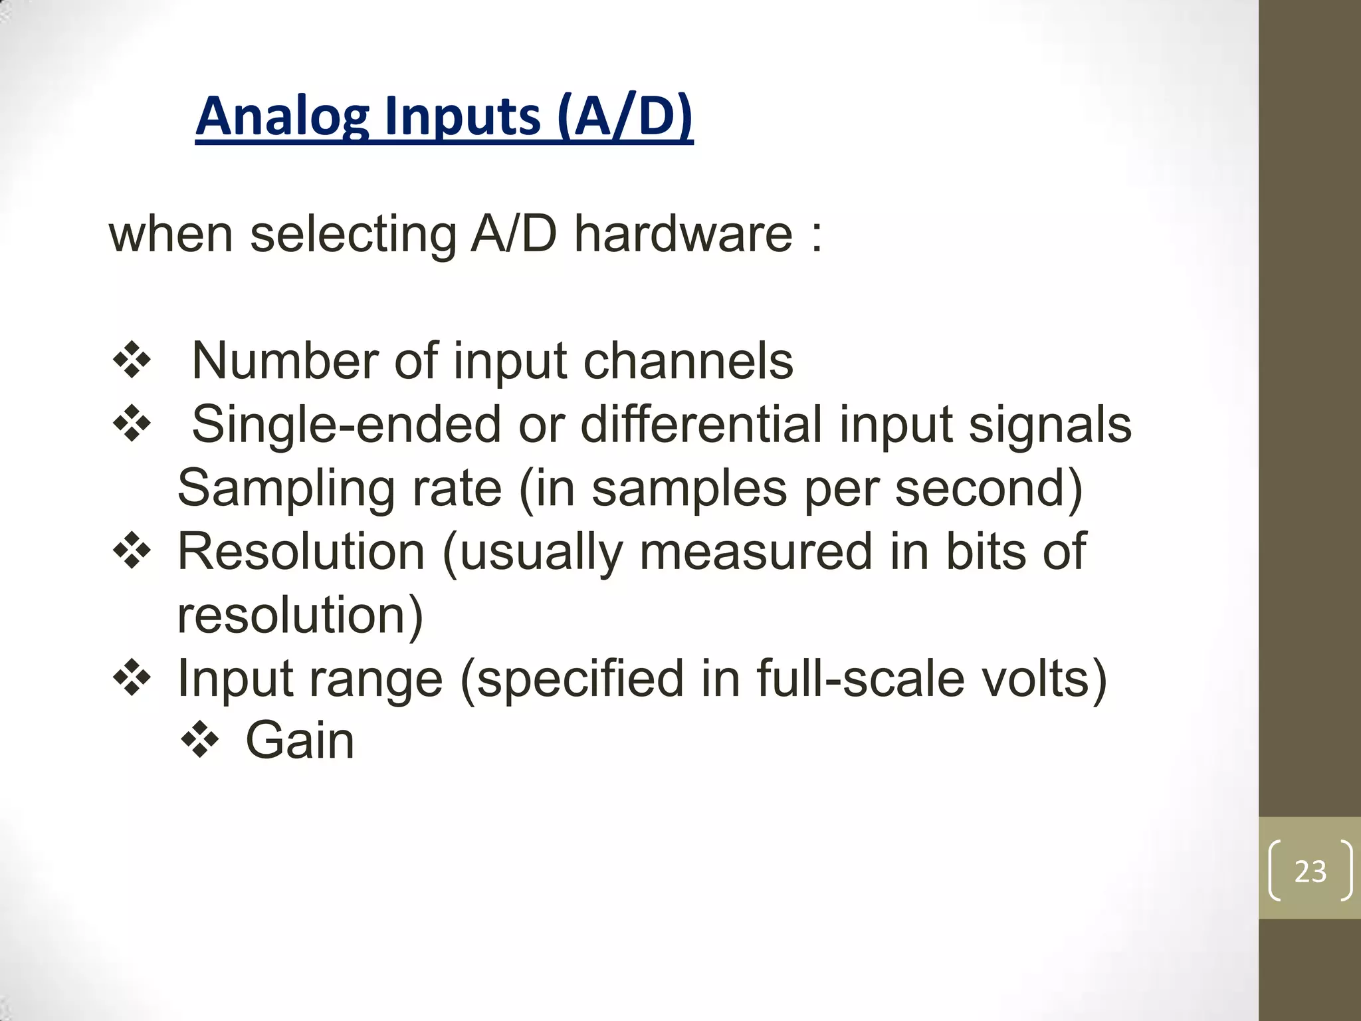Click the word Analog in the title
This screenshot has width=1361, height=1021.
pyautogui.click(x=282, y=117)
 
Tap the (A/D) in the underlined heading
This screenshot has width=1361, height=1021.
pyautogui.click(x=625, y=117)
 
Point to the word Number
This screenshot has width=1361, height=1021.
pyautogui.click(x=284, y=361)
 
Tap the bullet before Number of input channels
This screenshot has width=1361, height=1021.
pyautogui.click(x=132, y=361)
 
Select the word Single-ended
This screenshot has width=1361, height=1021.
pyautogui.click(x=346, y=425)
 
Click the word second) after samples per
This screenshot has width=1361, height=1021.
pyautogui.click(x=989, y=489)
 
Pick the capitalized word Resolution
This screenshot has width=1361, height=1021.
pyautogui.click(x=301, y=552)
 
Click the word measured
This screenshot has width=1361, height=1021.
pyautogui.click(x=756, y=552)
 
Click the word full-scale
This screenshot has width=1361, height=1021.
pyautogui.click(x=860, y=679)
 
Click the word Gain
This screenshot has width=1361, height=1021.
pyautogui.click(x=300, y=740)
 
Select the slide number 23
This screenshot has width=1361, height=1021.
pyautogui.click(x=1310, y=871)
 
